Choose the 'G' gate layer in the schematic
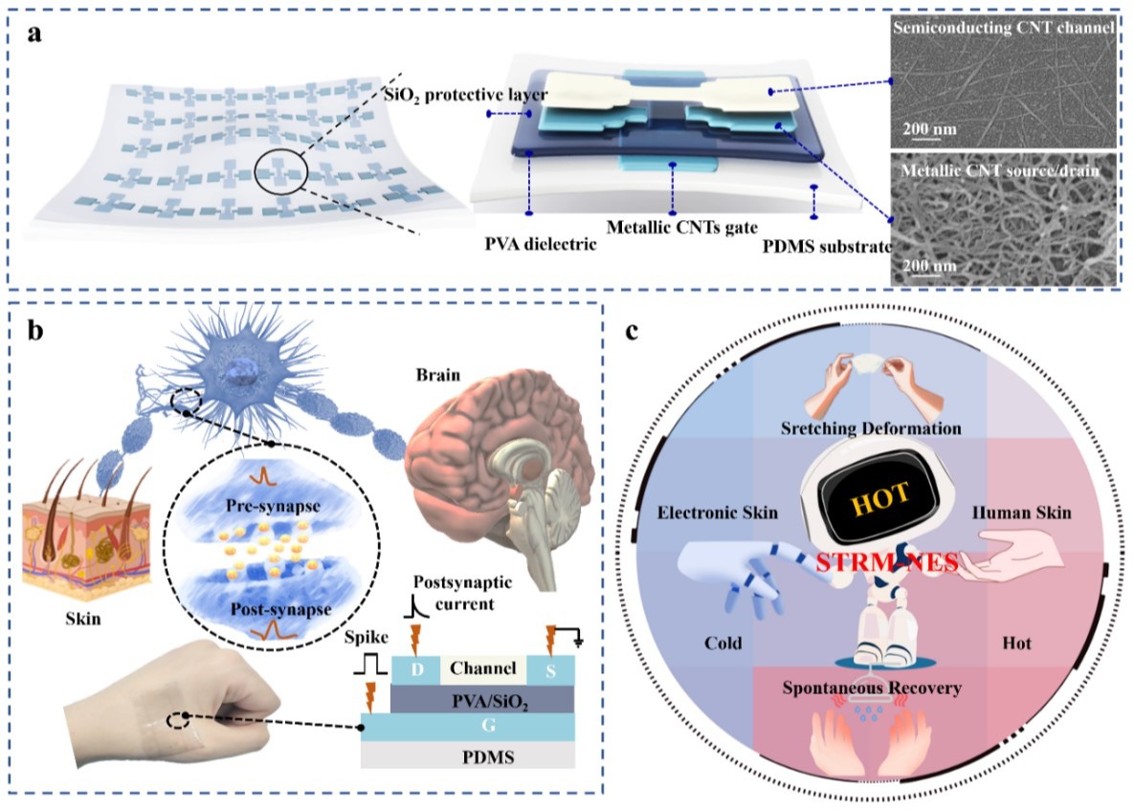pos(467,727)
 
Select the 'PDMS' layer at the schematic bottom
pos(468,755)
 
